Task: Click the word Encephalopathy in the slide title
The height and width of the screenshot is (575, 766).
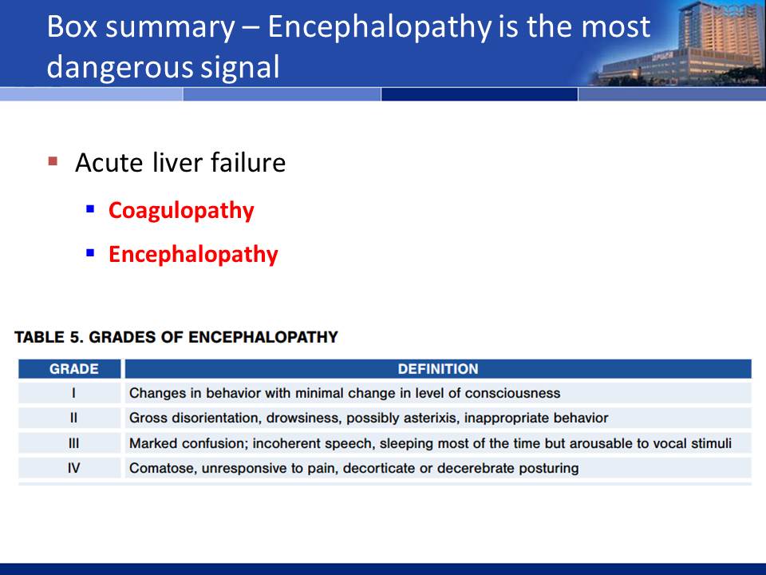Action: pyautogui.click(x=380, y=27)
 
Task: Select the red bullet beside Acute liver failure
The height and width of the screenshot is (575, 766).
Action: pyautogui.click(x=53, y=161)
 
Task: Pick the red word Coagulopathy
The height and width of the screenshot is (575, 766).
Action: pyautogui.click(x=181, y=211)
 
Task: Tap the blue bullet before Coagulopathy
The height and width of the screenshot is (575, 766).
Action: pyautogui.click(x=90, y=208)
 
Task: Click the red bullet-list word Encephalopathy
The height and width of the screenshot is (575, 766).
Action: pyautogui.click(x=193, y=255)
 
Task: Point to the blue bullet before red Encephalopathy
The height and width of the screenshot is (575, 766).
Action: pyautogui.click(x=90, y=253)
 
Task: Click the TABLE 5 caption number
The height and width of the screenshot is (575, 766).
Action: pyautogui.click(x=74, y=337)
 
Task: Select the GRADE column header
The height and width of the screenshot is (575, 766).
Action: pyautogui.click(x=73, y=369)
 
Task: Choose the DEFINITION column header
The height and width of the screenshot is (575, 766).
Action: pyautogui.click(x=438, y=369)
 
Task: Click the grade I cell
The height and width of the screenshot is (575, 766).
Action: pyautogui.click(x=73, y=393)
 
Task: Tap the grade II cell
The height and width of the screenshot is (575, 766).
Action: pyautogui.click(x=73, y=418)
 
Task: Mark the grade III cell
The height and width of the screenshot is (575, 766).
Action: pyautogui.click(x=73, y=443)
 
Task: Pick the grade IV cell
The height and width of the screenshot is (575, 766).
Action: pyautogui.click(x=73, y=469)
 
